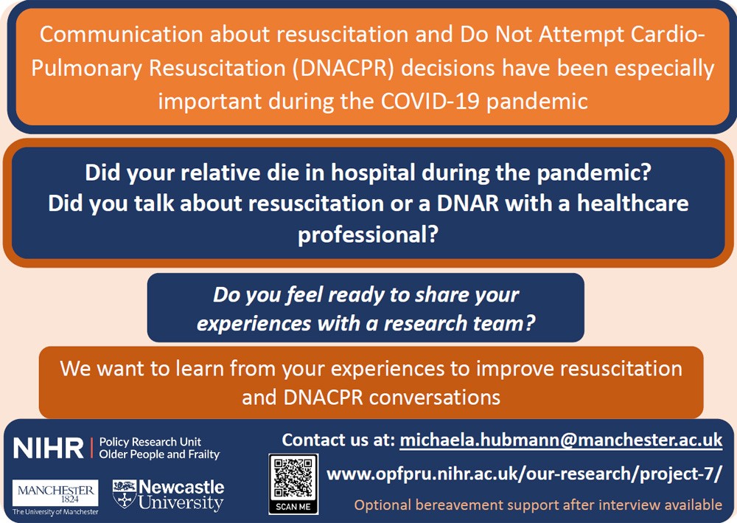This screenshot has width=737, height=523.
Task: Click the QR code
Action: tap(293, 479)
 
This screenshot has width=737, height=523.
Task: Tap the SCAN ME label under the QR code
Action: tap(293, 507)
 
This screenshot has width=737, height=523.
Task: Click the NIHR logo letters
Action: tap(48, 448)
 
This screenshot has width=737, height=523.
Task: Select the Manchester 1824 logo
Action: tap(55, 493)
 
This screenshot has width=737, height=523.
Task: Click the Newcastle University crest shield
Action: tap(124, 493)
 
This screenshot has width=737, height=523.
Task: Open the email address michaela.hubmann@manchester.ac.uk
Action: tap(561, 440)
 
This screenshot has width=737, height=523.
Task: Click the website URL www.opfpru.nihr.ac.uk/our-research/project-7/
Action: tap(523, 474)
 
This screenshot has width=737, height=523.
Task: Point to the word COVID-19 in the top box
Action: tap(430, 101)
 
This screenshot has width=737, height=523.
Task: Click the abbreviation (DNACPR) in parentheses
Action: tap(343, 68)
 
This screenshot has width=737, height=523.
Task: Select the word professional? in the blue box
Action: tap(368, 234)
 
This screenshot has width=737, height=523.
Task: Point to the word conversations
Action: tap(435, 398)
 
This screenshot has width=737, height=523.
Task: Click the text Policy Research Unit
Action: tap(150, 442)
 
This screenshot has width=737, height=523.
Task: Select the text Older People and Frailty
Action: tap(159, 454)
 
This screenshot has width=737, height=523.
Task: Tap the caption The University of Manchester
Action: tap(55, 512)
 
